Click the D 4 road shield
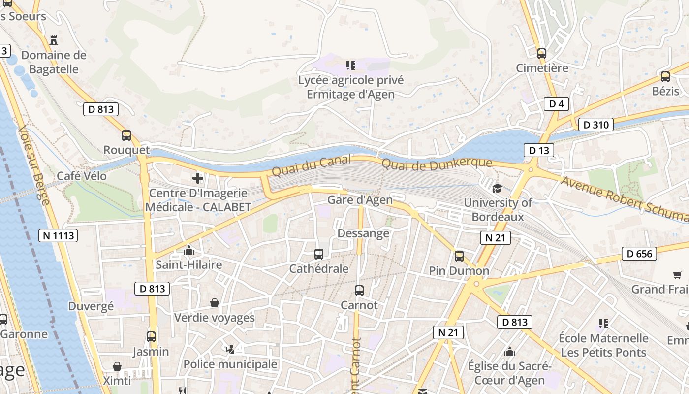[x=556, y=103]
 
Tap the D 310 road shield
[x=595, y=125]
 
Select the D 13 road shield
[x=538, y=150]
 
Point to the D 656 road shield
[x=639, y=254]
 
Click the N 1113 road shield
[x=58, y=235]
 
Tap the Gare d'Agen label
[x=360, y=199]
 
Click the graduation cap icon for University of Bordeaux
[x=497, y=188]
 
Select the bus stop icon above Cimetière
[x=542, y=54]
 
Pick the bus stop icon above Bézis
[x=665, y=77]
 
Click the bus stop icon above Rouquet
[x=126, y=135]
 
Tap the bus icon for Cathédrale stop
[x=319, y=254]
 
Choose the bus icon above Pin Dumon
[x=459, y=256]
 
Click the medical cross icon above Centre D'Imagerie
[x=198, y=178]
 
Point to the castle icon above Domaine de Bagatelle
[x=54, y=40]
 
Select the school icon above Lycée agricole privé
[x=350, y=66]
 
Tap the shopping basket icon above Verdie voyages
[x=215, y=302]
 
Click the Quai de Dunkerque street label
[x=437, y=164]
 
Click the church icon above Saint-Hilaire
[x=189, y=251]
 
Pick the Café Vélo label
[x=82, y=176]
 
